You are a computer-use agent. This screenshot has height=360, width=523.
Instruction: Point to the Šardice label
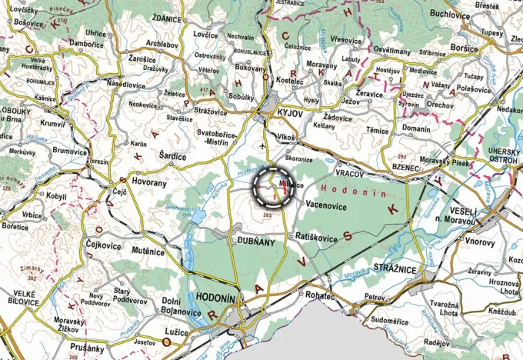(172, 157)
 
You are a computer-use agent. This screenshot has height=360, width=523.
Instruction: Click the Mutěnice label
(148, 251)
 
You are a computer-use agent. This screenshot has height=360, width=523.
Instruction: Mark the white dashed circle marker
(275, 186)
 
